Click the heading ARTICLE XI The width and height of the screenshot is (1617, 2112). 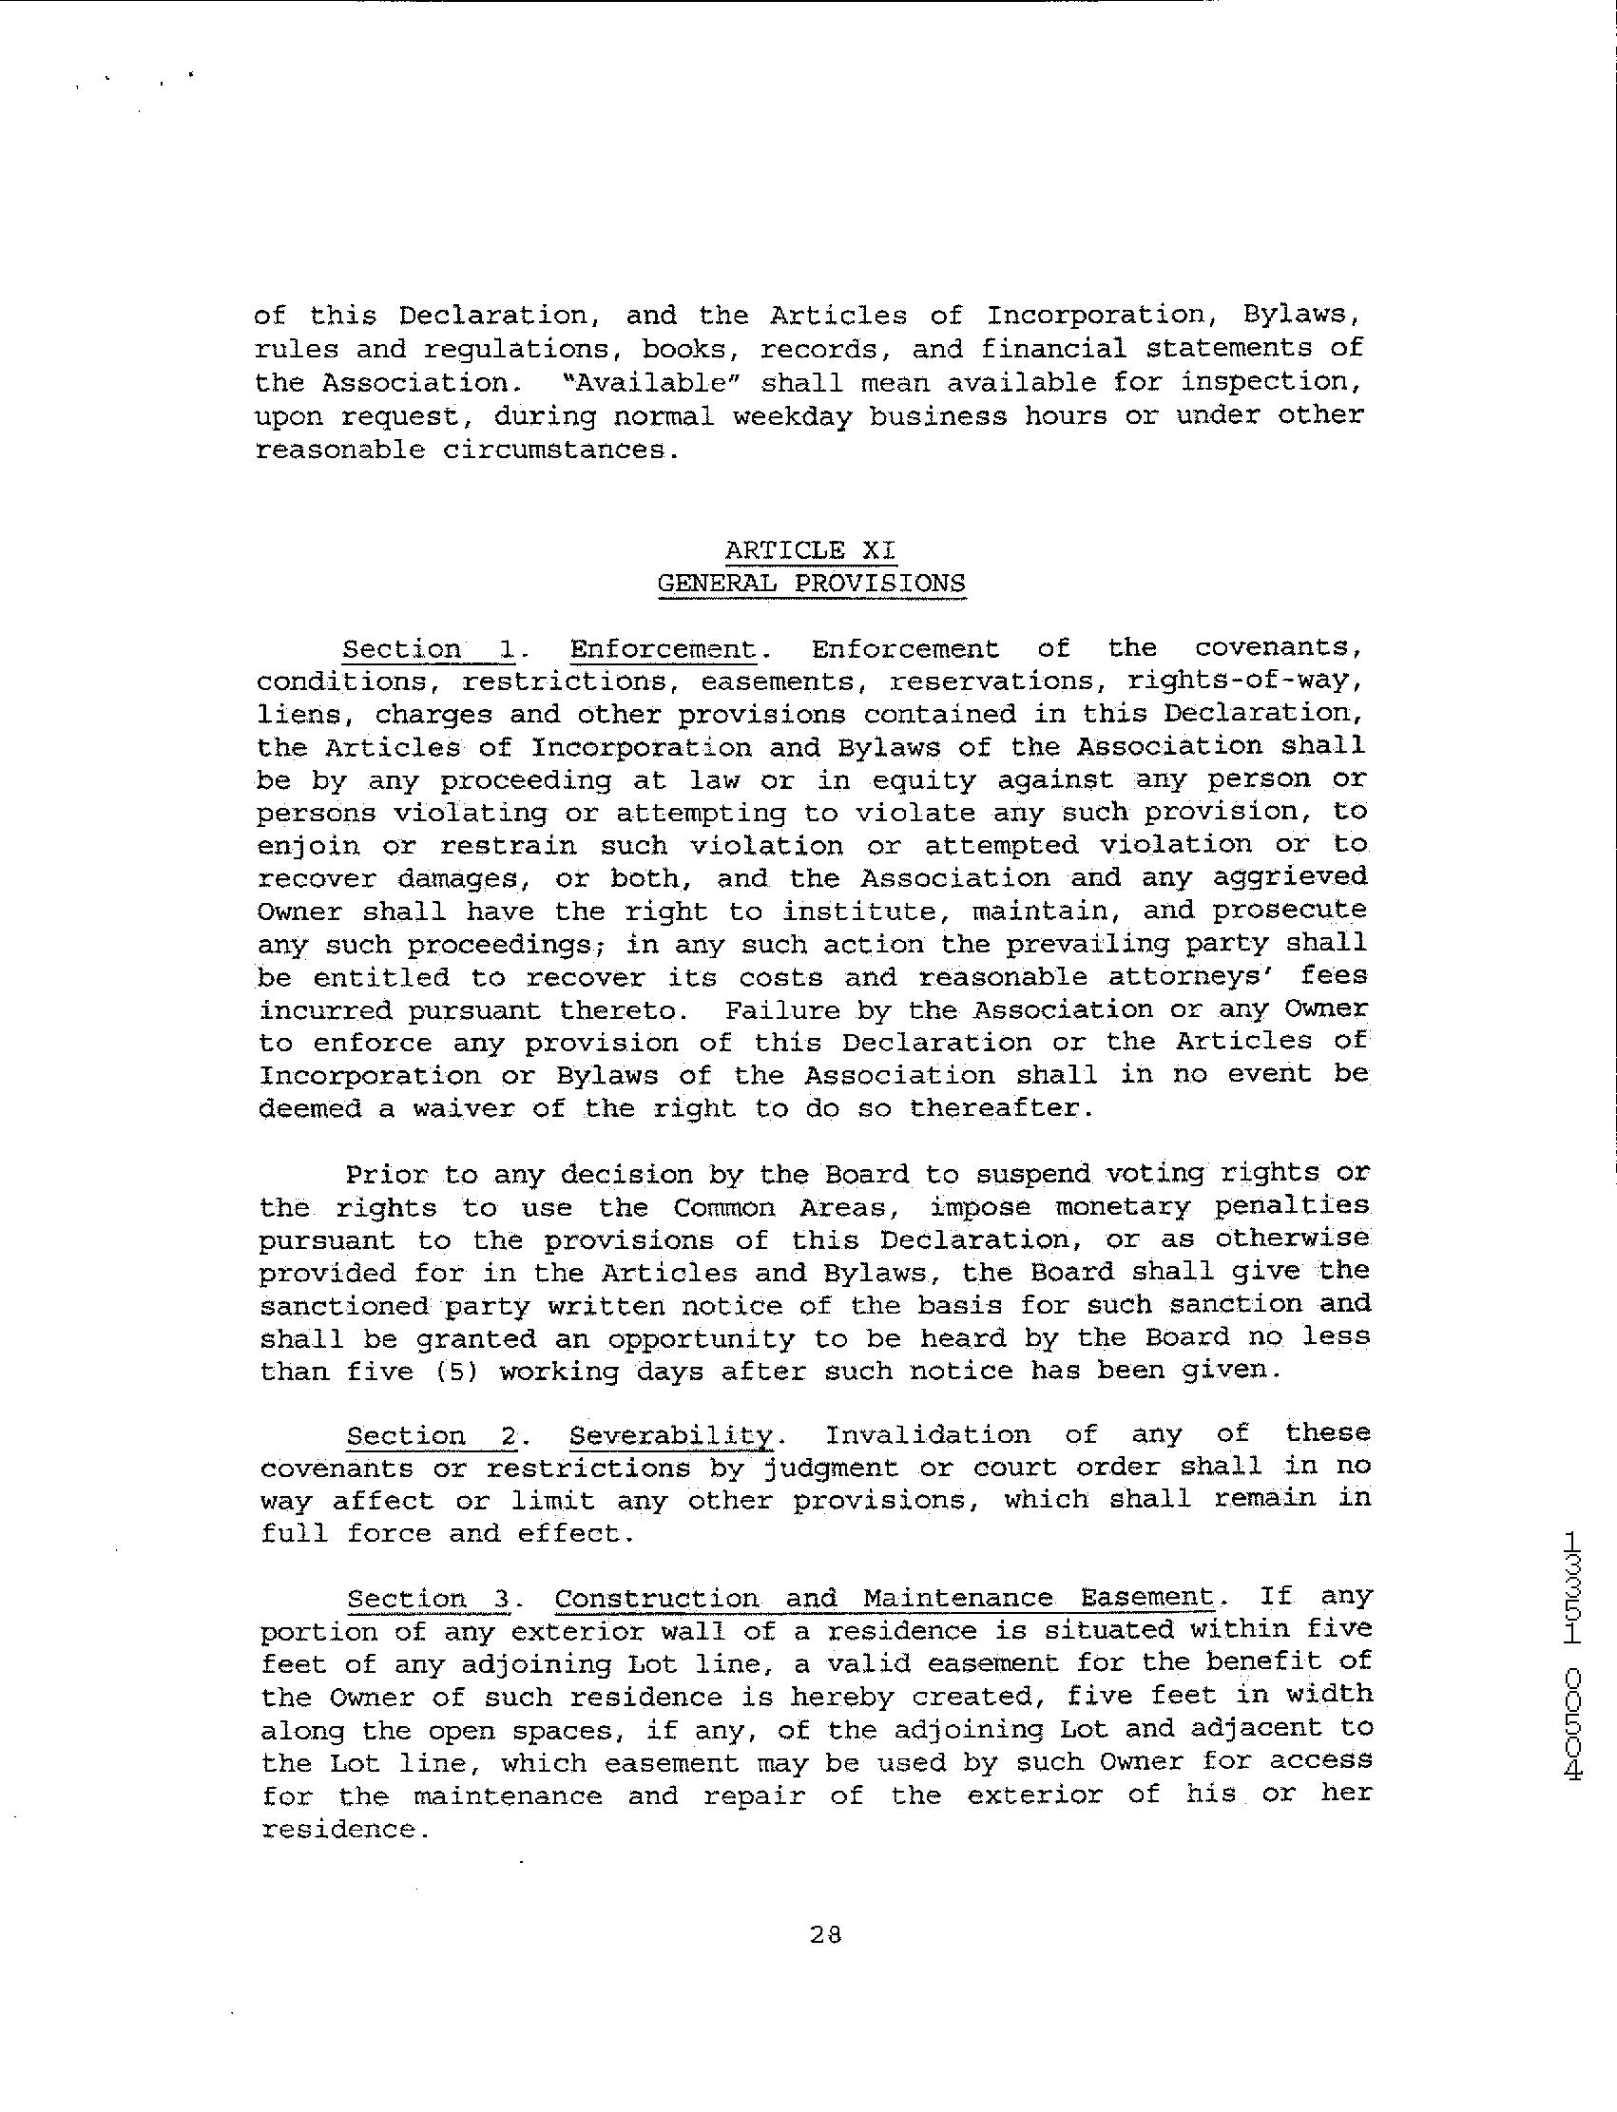[x=811, y=550]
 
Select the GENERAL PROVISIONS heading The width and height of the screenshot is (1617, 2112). [x=811, y=584]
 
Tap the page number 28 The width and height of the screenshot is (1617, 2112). [x=826, y=1935]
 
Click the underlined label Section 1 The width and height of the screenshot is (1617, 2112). [x=431, y=649]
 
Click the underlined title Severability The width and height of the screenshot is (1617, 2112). [x=672, y=1436]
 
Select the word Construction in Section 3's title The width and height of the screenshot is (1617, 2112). [x=657, y=1599]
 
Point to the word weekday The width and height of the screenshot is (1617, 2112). [x=791, y=415]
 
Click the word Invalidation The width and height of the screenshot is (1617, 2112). [x=928, y=1436]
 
